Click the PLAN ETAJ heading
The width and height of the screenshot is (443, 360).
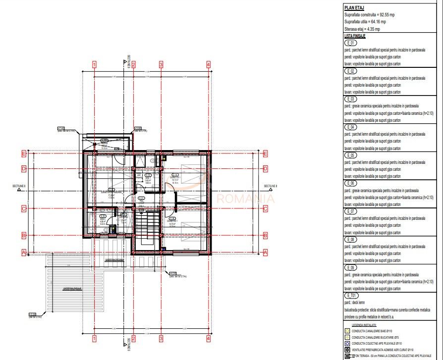click(354, 7)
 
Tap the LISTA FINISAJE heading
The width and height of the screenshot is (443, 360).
click(355, 36)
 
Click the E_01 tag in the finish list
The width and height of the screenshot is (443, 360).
click(350, 43)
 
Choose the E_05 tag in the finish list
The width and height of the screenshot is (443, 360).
click(350, 155)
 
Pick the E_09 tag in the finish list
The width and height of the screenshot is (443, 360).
click(350, 267)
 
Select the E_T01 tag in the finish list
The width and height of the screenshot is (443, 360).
click(351, 295)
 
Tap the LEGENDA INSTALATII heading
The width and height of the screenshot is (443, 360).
click(364, 325)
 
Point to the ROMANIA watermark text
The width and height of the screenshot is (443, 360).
click(246, 199)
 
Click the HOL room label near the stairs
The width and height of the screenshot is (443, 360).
click(141, 202)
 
